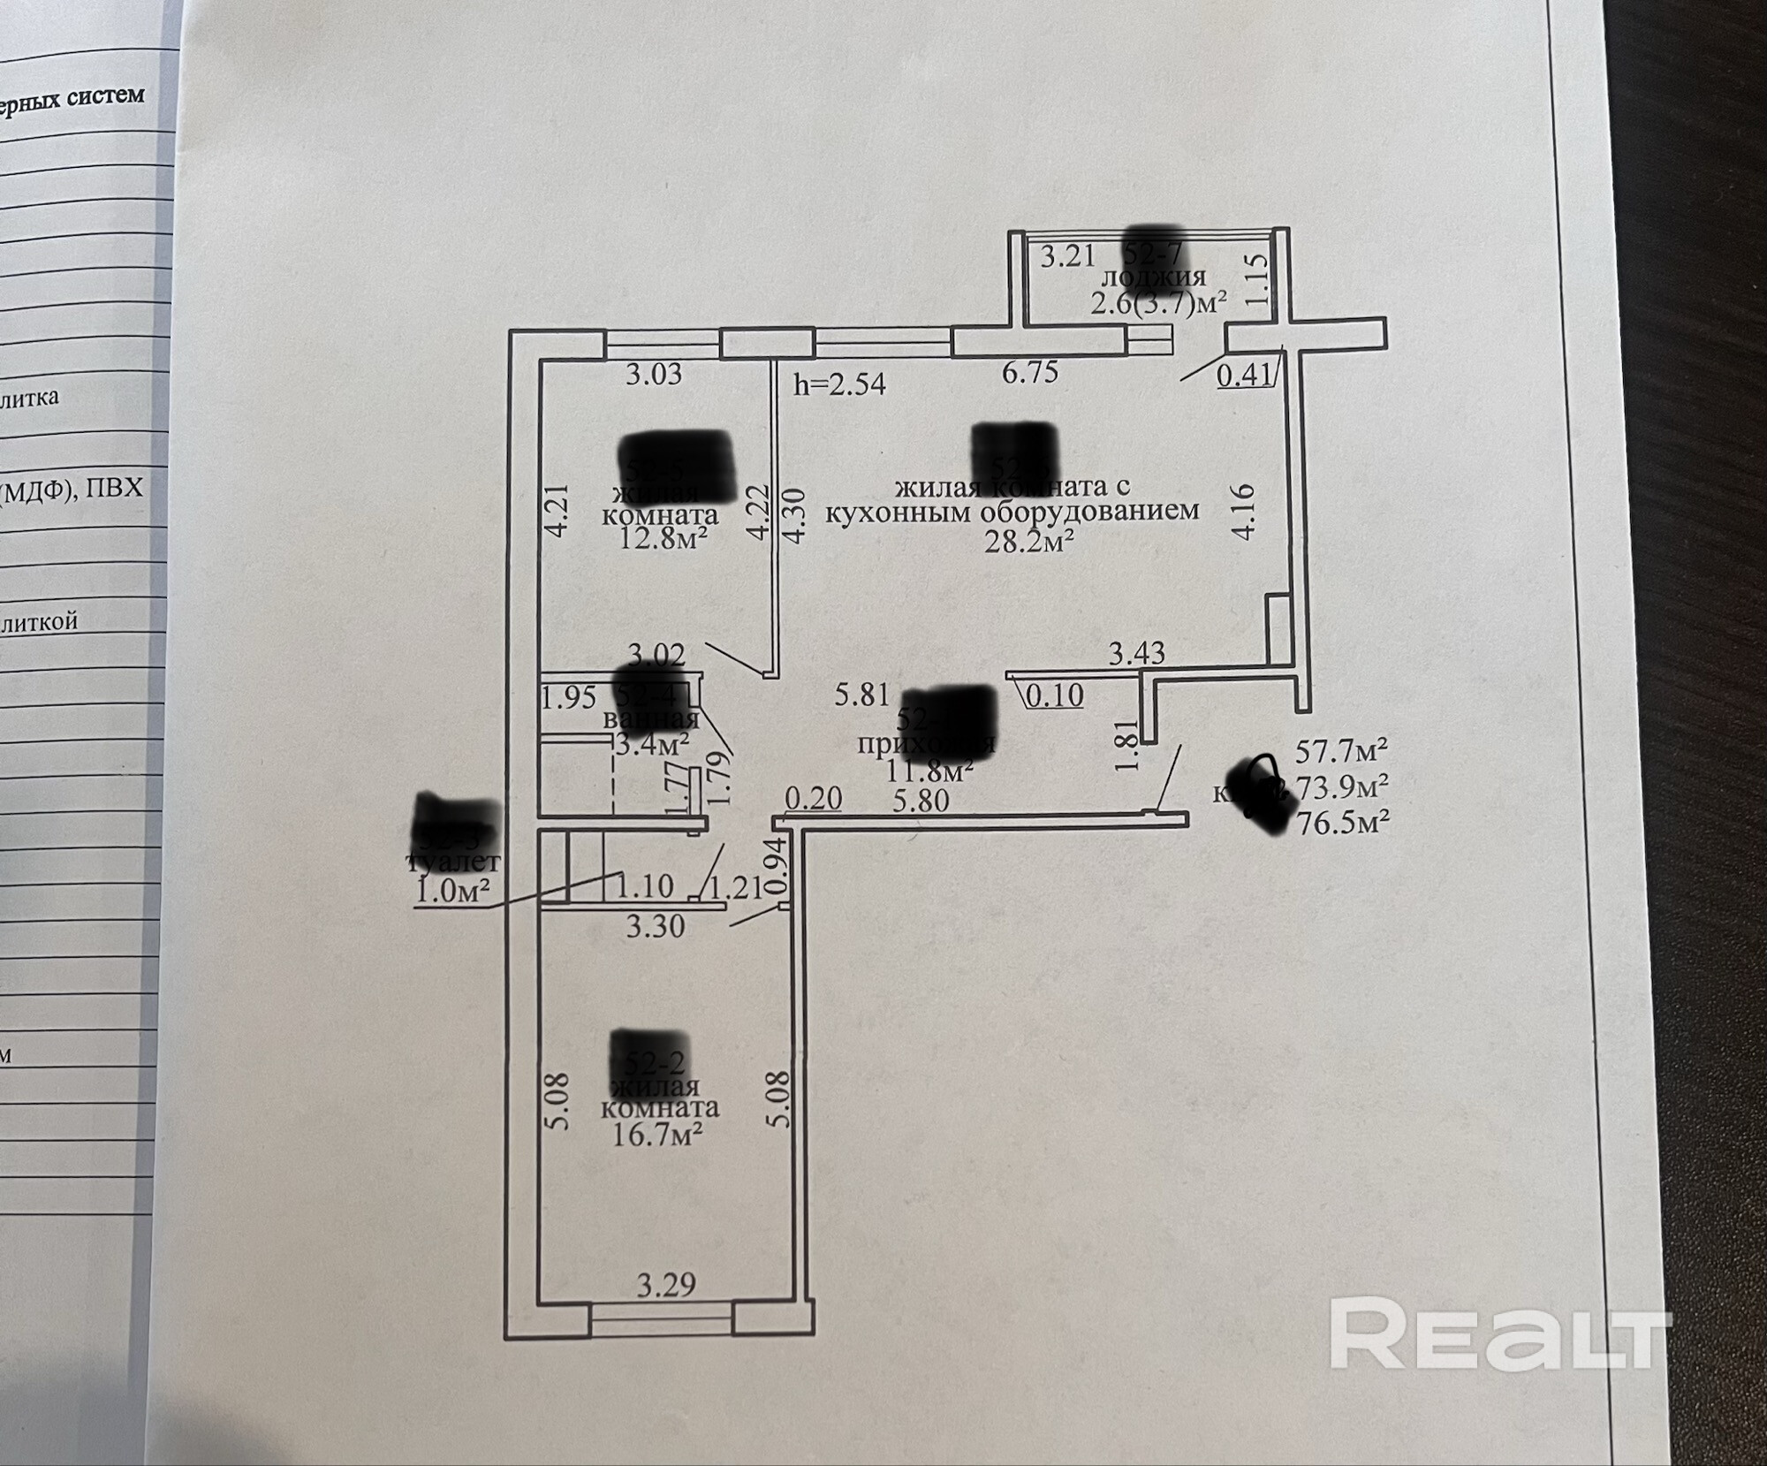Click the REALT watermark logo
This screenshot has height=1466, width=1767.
(1500, 1345)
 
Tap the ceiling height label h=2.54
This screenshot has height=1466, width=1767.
(839, 384)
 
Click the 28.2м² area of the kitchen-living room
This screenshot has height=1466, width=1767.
(1029, 541)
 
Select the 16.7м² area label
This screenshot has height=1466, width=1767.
(657, 1133)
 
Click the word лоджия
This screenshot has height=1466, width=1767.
(1155, 277)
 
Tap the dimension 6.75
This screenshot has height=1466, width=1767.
(1029, 372)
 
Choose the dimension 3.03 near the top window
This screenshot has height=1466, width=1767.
(654, 374)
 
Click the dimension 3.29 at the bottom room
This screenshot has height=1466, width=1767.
(666, 1284)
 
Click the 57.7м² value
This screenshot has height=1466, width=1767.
(1341, 751)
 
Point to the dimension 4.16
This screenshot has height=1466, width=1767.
(1243, 511)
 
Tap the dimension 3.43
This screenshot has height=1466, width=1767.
(1137, 654)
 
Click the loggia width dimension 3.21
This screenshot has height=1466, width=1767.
(1067, 256)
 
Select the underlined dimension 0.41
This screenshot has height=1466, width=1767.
(1244, 376)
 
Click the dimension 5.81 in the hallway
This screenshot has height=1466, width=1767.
(862, 695)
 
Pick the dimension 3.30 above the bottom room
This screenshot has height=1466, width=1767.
(656, 926)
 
